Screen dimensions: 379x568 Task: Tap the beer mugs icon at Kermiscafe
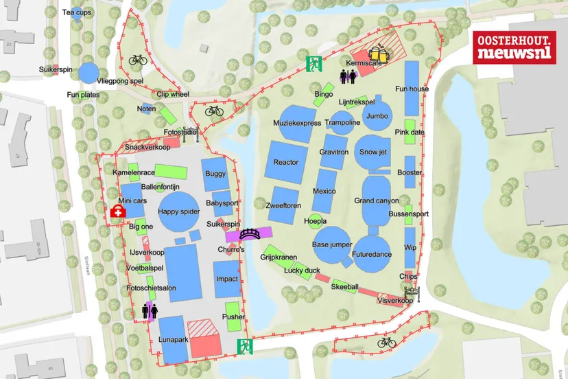coord(377,54)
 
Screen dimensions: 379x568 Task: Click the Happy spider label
coord(179,211)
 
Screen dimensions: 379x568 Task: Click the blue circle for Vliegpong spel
coord(88,71)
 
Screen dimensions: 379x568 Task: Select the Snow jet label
coord(374,151)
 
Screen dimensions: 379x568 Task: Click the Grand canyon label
coord(376,201)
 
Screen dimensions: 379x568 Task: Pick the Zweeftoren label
coord(285,205)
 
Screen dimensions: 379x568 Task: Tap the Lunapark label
coord(172,339)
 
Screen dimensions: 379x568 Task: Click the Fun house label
coord(412,89)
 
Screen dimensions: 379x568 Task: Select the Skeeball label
coord(345,286)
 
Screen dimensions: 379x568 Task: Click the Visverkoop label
coord(395,300)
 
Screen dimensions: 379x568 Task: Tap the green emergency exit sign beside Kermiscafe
coord(314,64)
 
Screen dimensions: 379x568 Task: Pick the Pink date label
coord(410,132)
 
